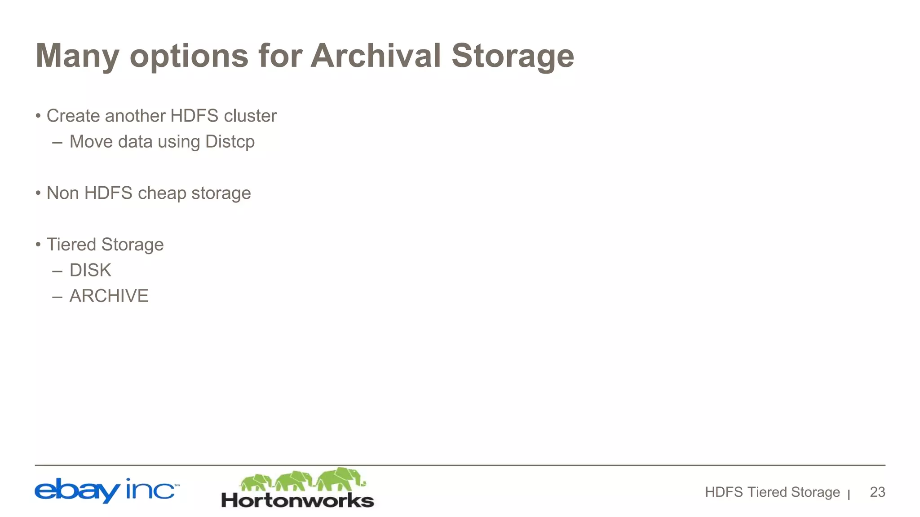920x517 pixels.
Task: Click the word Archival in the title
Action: point(376,56)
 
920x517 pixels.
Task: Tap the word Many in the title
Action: point(77,56)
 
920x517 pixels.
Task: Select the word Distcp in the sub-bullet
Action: point(230,142)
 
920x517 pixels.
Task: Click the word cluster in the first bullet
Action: point(250,116)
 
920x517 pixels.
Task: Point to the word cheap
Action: point(162,193)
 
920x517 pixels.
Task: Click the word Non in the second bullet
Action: point(62,193)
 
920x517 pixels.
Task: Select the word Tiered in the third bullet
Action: point(71,245)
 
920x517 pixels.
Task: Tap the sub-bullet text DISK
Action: point(90,270)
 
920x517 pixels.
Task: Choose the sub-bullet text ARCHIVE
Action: point(109,296)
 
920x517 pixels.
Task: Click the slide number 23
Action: point(877,492)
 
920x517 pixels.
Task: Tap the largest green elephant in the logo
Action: point(341,479)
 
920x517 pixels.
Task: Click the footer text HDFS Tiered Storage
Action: point(772,492)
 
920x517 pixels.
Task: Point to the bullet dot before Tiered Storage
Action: point(38,245)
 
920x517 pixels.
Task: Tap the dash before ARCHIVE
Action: point(57,297)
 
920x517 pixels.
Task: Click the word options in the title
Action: point(189,56)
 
